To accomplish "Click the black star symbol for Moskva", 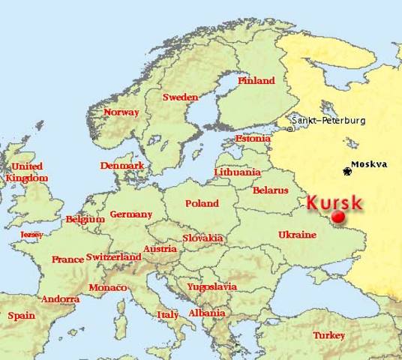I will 346,172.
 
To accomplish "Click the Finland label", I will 256,80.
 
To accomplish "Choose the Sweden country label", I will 180,97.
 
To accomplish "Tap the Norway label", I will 121,112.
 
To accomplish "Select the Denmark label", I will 121,165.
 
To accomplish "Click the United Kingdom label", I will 26,172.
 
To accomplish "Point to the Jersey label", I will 31,234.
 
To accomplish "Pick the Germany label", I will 131,214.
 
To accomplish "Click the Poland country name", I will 202,203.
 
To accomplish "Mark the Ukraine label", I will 297,235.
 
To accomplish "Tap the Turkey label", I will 329,334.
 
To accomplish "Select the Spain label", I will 21,316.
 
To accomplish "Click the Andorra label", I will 60,299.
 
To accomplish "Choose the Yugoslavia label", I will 211,286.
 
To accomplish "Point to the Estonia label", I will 252,139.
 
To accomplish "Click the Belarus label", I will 271,191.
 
